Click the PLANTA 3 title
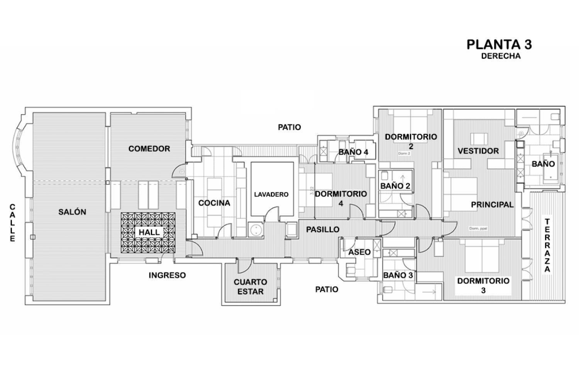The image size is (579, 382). (499, 44)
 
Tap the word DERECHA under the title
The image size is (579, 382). (501, 56)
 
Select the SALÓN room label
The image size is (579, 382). (72, 212)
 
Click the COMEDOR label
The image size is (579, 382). (149, 149)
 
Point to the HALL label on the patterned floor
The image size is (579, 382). (149, 232)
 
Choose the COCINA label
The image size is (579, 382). (214, 203)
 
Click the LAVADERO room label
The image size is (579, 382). (271, 194)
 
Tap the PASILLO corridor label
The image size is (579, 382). (323, 230)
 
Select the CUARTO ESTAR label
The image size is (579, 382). (250, 287)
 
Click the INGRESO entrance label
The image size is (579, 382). (167, 275)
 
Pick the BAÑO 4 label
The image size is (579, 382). (353, 152)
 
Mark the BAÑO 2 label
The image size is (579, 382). (395, 186)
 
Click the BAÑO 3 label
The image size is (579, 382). (398, 275)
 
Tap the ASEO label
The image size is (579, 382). (359, 252)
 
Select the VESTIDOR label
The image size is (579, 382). (478, 151)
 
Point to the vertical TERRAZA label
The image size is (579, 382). (547, 245)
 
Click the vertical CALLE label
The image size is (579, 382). (13, 223)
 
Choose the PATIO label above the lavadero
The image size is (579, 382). (289, 127)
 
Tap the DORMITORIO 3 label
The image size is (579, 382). (483, 286)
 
